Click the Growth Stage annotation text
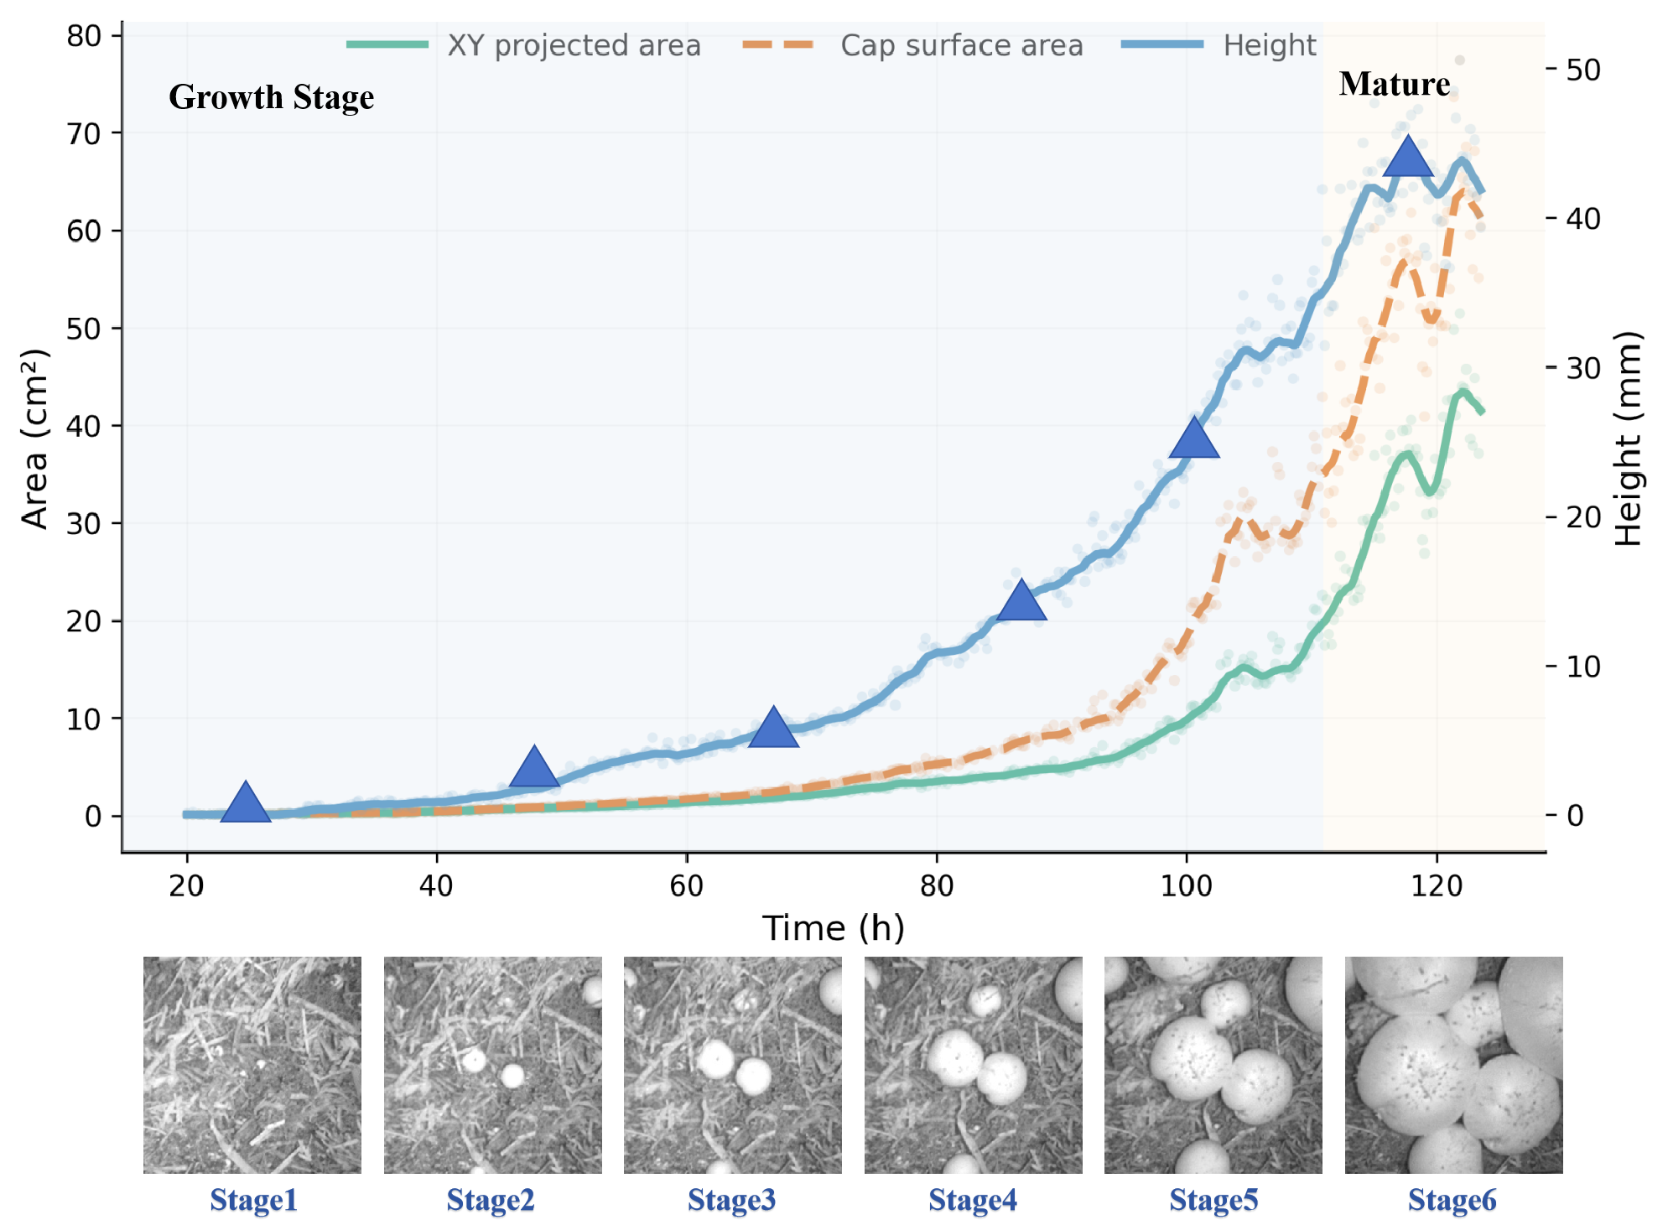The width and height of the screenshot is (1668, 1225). pyautogui.click(x=271, y=97)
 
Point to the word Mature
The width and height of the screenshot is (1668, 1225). pyautogui.click(x=1394, y=84)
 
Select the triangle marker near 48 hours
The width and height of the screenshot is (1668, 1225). pyautogui.click(x=534, y=767)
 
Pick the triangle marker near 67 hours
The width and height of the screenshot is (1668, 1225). pyautogui.click(x=772, y=729)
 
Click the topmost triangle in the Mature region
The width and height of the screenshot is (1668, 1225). pyautogui.click(x=1408, y=158)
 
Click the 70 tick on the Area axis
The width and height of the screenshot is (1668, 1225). pyautogui.click(x=84, y=133)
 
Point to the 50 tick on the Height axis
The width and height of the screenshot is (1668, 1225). pyautogui.click(x=1582, y=70)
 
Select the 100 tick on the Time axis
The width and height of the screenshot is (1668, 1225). pyautogui.click(x=1186, y=885)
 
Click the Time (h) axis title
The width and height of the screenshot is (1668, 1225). pyautogui.click(x=833, y=928)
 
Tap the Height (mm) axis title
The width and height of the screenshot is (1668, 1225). pyautogui.click(x=1628, y=439)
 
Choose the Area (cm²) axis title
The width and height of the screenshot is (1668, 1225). pyautogui.click(x=35, y=439)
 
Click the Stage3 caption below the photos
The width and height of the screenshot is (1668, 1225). pyautogui.click(x=731, y=1201)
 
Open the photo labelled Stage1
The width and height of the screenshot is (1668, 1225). pyautogui.click(x=252, y=1065)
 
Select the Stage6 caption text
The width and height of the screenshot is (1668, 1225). pyautogui.click(x=1452, y=1201)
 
